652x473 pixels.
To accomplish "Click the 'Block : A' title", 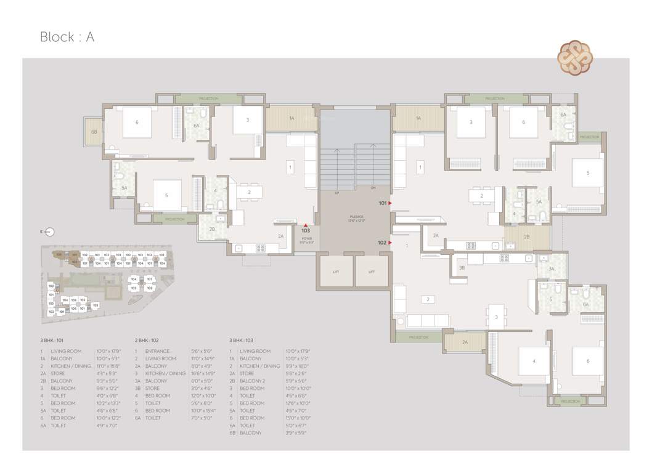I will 67,37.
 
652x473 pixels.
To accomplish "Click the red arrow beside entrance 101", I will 390,203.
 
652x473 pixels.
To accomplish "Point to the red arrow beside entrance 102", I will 390,243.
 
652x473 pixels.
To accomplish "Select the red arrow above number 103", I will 306,225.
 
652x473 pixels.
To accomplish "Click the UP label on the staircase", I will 336,193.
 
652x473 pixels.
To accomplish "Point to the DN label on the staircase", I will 372,187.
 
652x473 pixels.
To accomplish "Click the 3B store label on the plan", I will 462,268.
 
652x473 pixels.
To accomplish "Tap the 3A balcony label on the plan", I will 552,269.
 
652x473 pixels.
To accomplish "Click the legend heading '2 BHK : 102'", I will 150,340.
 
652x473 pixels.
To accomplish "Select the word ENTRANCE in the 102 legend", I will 157,351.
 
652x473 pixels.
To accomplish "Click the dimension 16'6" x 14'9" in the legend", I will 203,373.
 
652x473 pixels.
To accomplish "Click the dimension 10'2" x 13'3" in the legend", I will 109,403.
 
